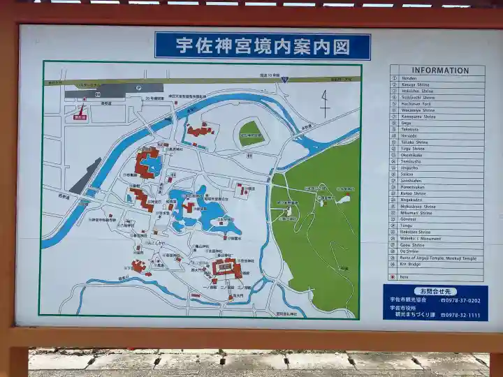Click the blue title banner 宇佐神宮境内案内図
click(x=263, y=46)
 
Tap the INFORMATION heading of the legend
click(x=439, y=71)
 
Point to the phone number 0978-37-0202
click(x=460, y=301)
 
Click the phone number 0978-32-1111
click(x=460, y=315)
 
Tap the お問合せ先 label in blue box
click(x=435, y=291)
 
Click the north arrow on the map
click(x=325, y=104)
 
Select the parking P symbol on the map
click(x=139, y=88)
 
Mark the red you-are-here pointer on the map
click(x=82, y=109)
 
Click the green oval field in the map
click(x=251, y=133)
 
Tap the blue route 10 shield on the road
click(x=284, y=80)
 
